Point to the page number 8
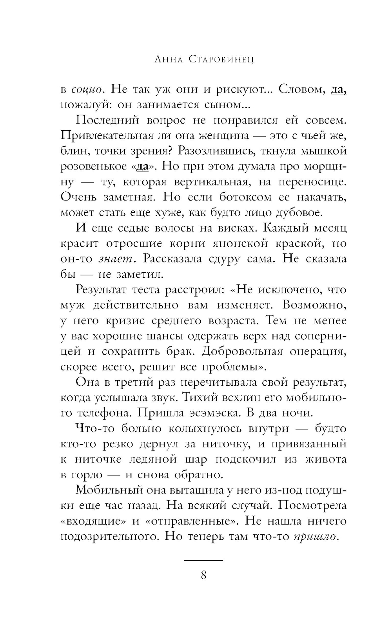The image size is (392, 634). [203, 576]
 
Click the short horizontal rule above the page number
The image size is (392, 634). [203, 561]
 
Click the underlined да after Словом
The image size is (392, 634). [338, 89]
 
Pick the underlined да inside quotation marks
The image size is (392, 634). [142, 166]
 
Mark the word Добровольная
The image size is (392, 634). [242, 352]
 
